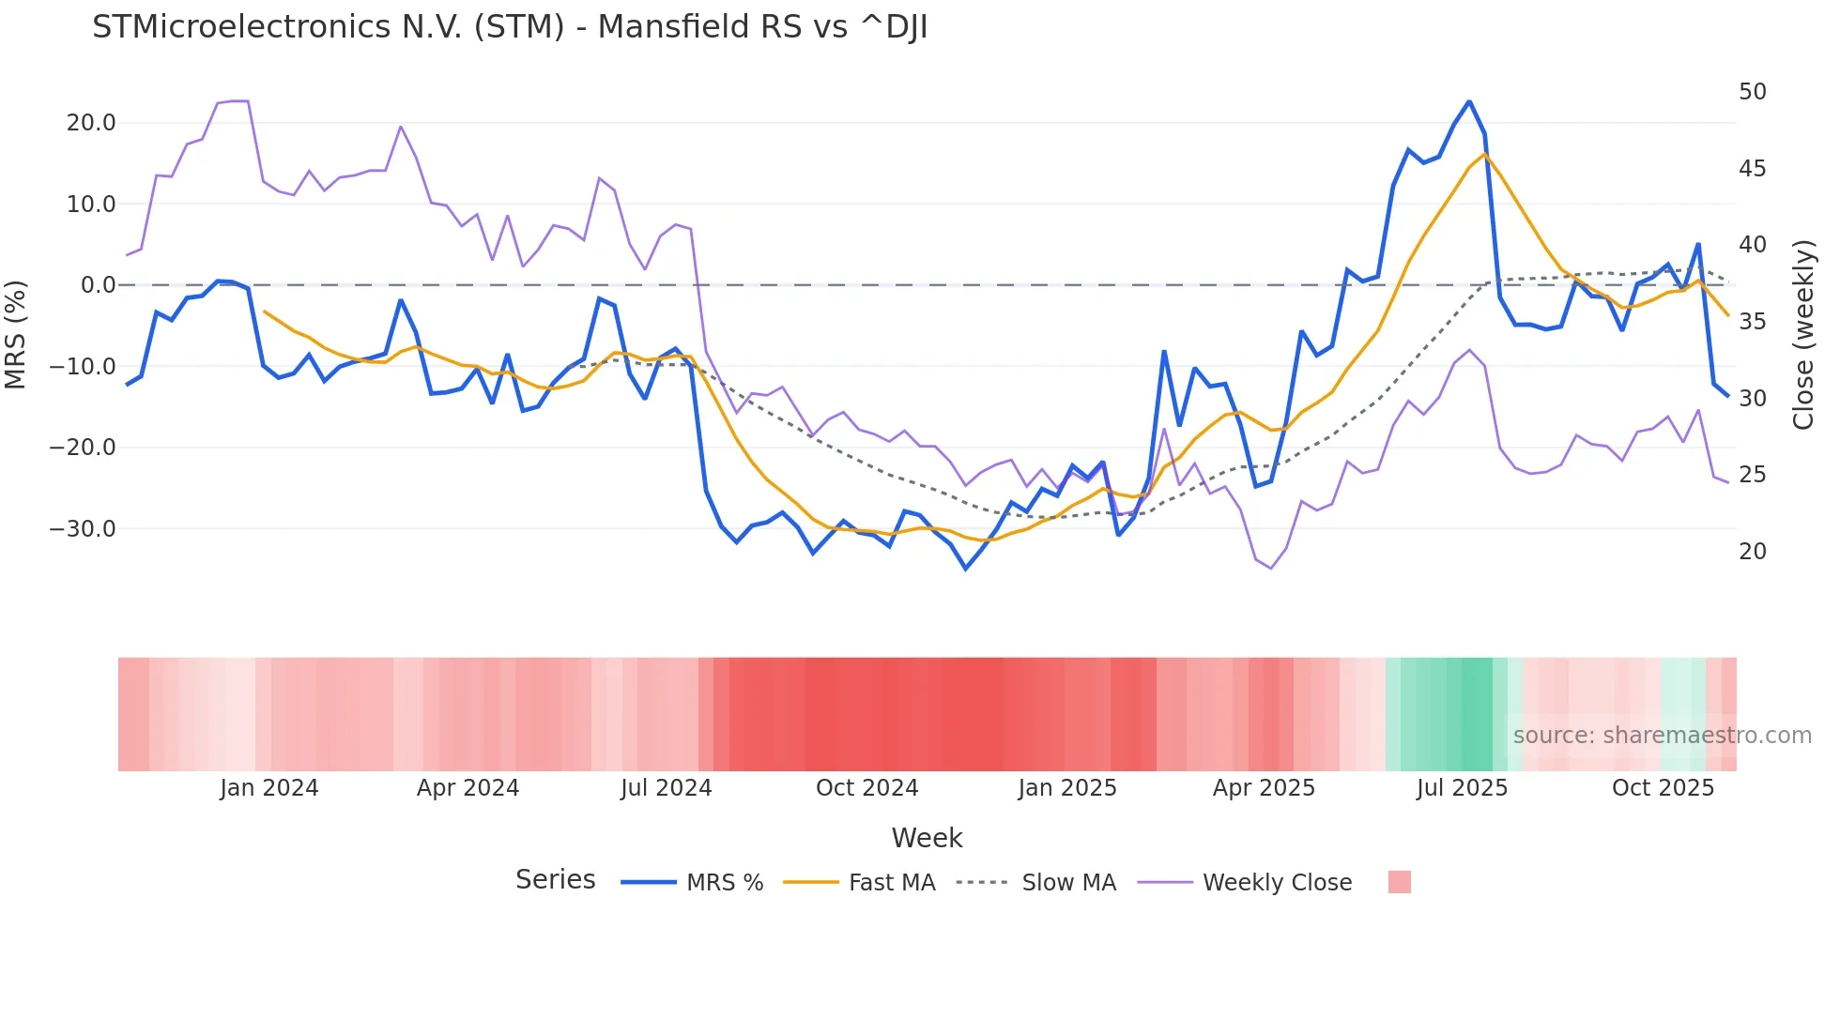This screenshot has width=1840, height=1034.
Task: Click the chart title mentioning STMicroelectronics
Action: pos(510,27)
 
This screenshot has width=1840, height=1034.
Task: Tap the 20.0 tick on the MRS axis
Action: pos(91,123)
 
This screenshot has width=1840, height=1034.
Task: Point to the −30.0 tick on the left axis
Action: pos(83,529)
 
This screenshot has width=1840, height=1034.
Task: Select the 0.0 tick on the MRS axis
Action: pos(99,285)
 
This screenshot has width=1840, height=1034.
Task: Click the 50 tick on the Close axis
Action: pos(1753,92)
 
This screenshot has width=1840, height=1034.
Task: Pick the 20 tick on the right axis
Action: pos(1753,552)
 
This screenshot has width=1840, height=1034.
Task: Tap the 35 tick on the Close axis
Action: pos(1753,322)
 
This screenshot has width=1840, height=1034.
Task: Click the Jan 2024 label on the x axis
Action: pos(269,788)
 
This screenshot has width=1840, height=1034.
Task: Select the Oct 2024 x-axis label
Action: pos(866,788)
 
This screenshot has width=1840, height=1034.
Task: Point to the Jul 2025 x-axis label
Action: pos(1462,788)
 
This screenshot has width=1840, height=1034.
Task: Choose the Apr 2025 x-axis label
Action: pos(1264,788)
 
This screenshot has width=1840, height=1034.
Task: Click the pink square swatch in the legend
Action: pos(1399,882)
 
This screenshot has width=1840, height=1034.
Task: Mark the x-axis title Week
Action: pos(927,838)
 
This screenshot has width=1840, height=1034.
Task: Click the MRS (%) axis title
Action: pos(16,334)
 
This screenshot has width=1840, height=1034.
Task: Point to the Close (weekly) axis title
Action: pos(1803,335)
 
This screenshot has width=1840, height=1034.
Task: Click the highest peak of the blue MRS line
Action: pos(1469,101)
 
